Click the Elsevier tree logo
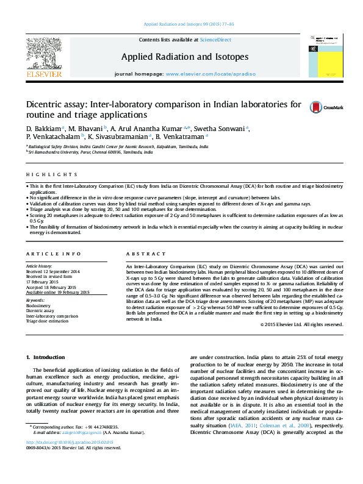pos(43,54)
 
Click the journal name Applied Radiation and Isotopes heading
pos(185,57)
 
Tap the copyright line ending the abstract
pos(301,324)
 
